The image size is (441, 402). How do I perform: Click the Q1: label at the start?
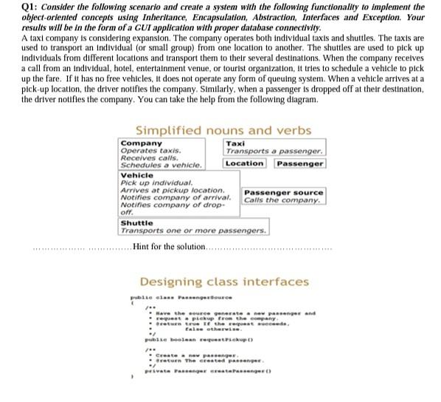[x=12, y=6]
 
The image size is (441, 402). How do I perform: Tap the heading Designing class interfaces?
[x=224, y=282]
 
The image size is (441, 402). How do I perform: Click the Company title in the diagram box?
[x=142, y=143]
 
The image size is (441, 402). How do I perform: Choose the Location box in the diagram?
[x=245, y=163]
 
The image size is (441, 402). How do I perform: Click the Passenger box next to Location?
[x=300, y=163]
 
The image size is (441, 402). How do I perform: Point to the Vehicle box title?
[x=136, y=176]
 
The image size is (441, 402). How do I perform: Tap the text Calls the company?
[x=282, y=200]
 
